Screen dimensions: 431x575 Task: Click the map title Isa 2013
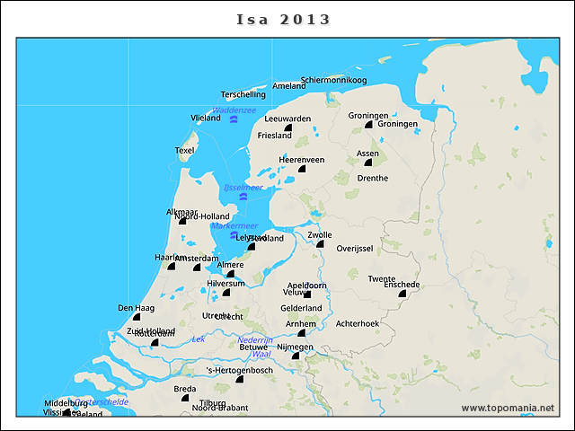tap(284, 19)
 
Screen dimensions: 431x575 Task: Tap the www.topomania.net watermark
tap(508, 408)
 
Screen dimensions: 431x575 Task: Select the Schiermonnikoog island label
tap(334, 80)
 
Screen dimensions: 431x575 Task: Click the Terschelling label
tap(243, 94)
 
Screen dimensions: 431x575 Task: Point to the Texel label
tap(185, 150)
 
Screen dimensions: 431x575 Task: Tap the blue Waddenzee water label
tap(234, 110)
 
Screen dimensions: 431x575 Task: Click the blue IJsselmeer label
tap(243, 188)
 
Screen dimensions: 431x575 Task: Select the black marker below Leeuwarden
tap(287, 129)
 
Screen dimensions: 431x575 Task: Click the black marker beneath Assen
tap(368, 163)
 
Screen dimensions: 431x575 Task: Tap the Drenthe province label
tap(373, 178)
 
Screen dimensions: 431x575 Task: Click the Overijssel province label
tap(354, 248)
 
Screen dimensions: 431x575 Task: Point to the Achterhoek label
tap(358, 323)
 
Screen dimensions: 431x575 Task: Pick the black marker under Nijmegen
tap(295, 356)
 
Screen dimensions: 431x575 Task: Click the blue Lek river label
tap(199, 339)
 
